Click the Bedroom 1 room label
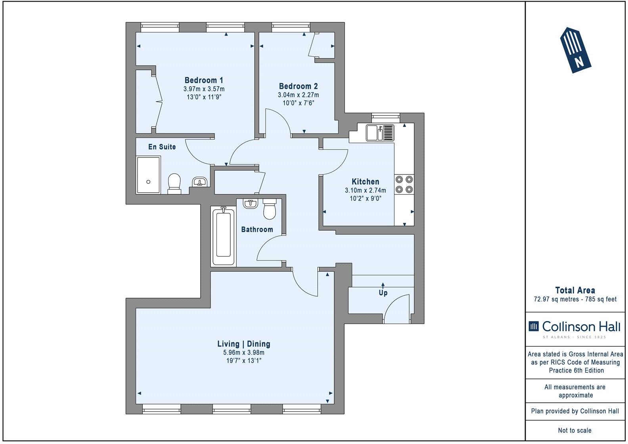[x=204, y=80]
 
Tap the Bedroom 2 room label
[x=298, y=86]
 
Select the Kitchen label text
[x=365, y=182]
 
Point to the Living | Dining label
[x=244, y=344]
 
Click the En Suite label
[x=162, y=147]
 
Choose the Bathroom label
[x=257, y=230]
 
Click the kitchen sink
[x=380, y=132]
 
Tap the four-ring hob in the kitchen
[x=404, y=184]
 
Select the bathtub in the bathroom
[x=224, y=236]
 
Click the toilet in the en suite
[x=174, y=184]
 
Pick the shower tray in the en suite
[x=148, y=175]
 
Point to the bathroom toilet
[x=270, y=209]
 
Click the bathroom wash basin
[x=250, y=204]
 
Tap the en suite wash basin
[x=199, y=182]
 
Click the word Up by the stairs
[x=383, y=293]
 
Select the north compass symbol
[x=576, y=50]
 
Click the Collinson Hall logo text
[x=581, y=327]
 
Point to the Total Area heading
[x=575, y=290]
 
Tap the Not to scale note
[x=575, y=430]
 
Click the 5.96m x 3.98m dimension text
[x=244, y=352]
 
